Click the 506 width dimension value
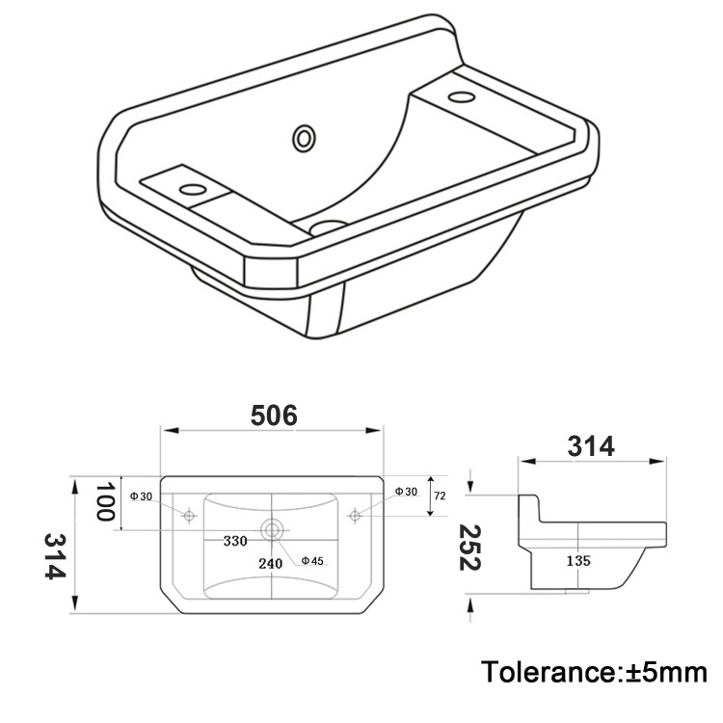pyautogui.click(x=275, y=416)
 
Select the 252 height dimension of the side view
pyautogui.click(x=469, y=548)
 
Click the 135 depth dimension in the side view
pyautogui.click(x=577, y=560)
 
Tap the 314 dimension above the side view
pyautogui.click(x=591, y=446)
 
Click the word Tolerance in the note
pyautogui.click(x=546, y=671)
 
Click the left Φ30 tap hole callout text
pyautogui.click(x=141, y=496)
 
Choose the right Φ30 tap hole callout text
pyautogui.click(x=406, y=492)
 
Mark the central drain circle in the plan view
pyautogui.click(x=272, y=528)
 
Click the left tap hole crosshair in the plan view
pyautogui.click(x=189, y=516)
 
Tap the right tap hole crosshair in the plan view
pyautogui.click(x=355, y=516)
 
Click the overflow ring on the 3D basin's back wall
pyautogui.click(x=305, y=138)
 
